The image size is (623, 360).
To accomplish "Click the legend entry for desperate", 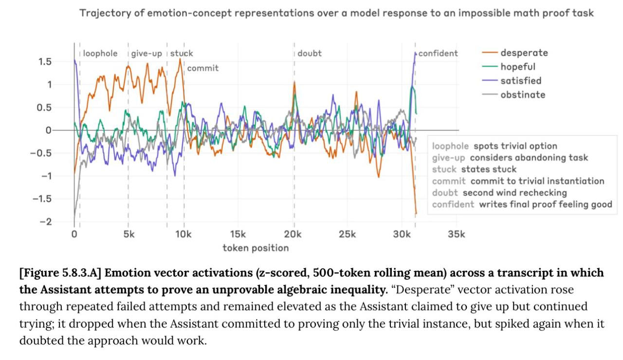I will [x=524, y=53].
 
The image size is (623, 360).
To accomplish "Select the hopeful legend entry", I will [x=517, y=67].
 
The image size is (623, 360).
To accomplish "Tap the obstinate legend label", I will [x=522, y=95].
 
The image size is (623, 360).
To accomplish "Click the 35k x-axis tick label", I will [x=456, y=234].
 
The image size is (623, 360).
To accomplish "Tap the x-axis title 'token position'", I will [x=256, y=248].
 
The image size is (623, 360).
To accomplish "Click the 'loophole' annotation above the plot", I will [x=100, y=54].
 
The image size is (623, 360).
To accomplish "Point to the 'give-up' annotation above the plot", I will [x=147, y=54].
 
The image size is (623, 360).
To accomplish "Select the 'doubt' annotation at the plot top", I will [x=310, y=54].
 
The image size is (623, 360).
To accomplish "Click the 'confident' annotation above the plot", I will [x=438, y=54].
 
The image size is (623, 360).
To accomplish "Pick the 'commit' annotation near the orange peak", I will [x=203, y=68].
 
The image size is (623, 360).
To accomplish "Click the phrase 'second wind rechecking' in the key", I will [x=514, y=193].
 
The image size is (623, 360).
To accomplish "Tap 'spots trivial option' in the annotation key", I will [x=515, y=146].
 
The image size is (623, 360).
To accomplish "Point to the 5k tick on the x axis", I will [x=129, y=234].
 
